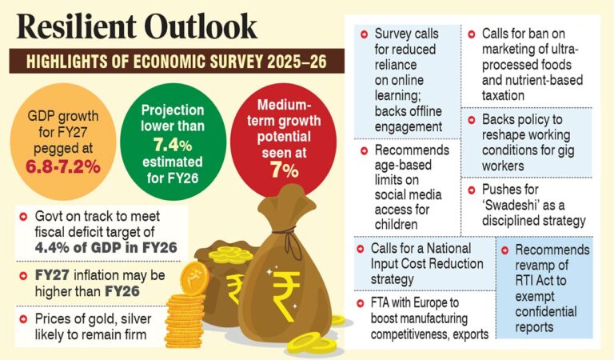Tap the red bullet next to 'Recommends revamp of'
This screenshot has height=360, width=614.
click(505, 250)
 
